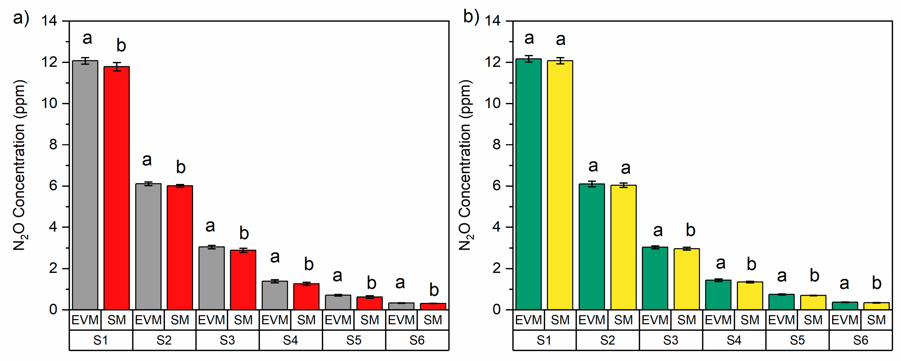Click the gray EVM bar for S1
click(85, 185)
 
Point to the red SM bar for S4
click(306, 297)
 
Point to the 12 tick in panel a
click(49, 62)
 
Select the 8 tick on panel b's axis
click(497, 145)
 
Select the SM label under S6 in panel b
click(876, 320)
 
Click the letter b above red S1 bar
click(121, 45)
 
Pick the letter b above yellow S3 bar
click(690, 230)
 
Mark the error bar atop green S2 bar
click(592, 184)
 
